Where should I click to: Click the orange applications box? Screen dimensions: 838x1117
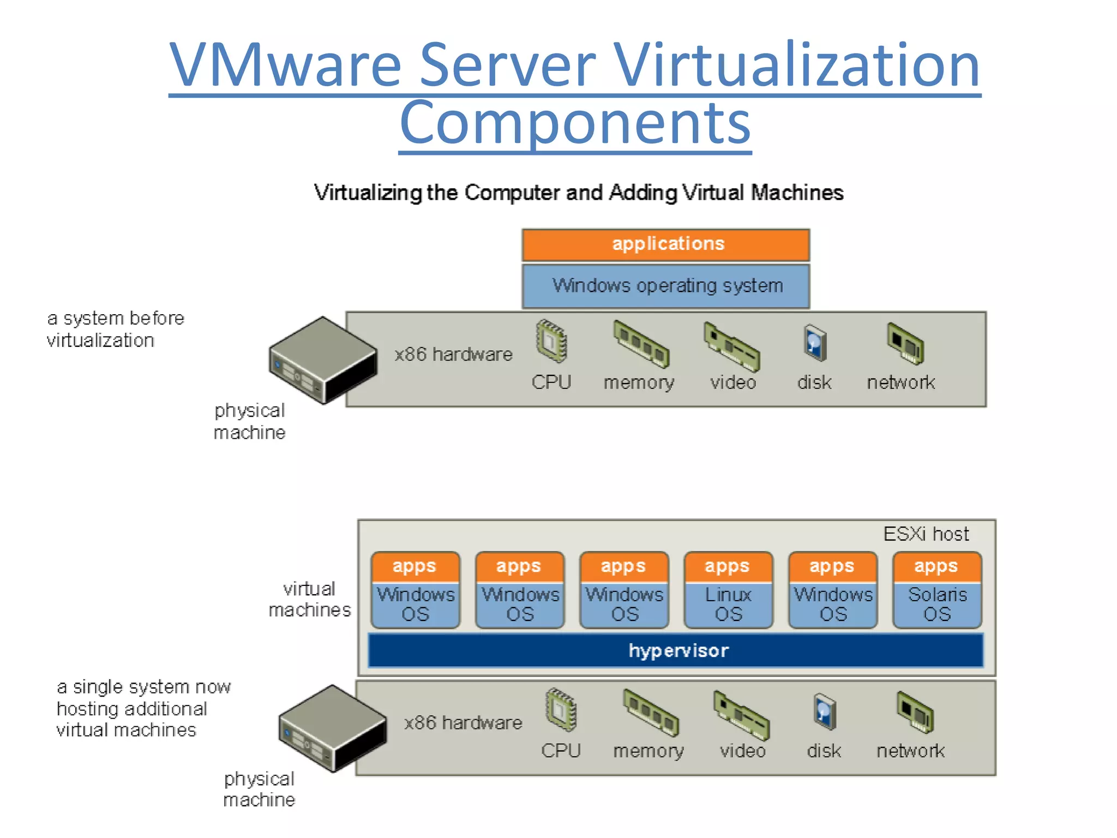665,244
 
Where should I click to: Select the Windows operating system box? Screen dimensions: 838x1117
665,286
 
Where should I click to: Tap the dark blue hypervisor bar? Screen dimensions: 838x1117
676,650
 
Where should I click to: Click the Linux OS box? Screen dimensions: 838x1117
728,604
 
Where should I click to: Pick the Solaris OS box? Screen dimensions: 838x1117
937,604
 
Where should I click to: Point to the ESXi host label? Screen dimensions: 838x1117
926,534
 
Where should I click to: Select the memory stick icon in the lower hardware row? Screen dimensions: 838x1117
651,712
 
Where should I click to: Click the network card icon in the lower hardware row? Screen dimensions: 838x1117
915,712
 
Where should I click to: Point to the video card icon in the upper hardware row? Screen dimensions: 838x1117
731,345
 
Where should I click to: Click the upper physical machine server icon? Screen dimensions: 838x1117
323,360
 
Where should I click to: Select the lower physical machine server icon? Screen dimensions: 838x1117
332,728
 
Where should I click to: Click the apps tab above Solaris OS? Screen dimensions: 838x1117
936,566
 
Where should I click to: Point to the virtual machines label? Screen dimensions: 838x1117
309,599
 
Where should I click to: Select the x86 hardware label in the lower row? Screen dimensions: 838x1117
463,723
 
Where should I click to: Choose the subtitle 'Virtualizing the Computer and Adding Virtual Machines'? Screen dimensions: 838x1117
578,193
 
